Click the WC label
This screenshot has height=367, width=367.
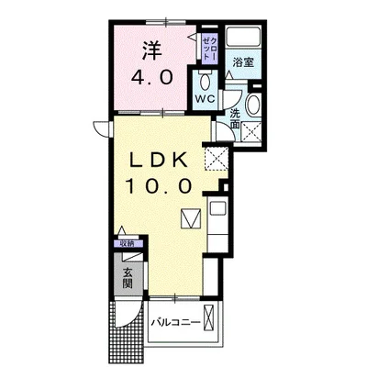(204, 95)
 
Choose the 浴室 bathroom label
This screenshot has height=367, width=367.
(242, 62)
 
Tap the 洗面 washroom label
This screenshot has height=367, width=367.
(236, 117)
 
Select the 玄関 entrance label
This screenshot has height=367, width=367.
(128, 276)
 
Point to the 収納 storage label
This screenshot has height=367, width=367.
(126, 244)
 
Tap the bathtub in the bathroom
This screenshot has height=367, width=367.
(244, 39)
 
